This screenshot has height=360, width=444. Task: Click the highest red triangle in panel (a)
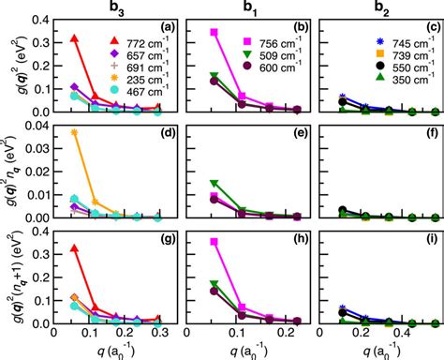(x=76, y=38)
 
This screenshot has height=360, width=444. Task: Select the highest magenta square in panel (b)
(x=215, y=33)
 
